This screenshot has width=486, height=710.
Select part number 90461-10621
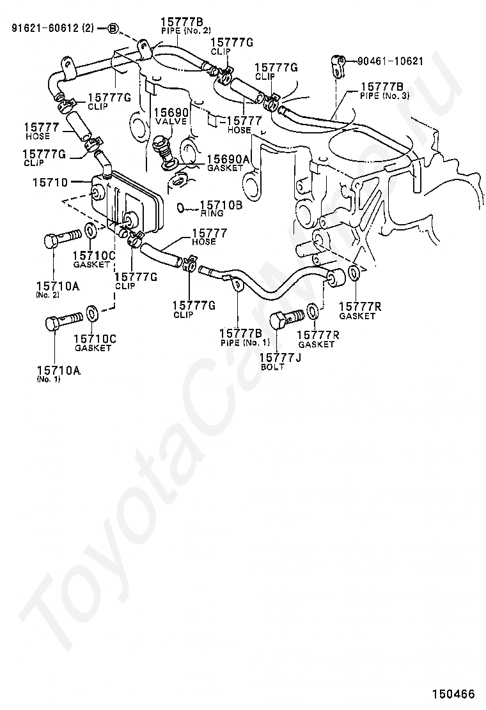point(390,61)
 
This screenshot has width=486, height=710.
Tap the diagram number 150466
point(453,693)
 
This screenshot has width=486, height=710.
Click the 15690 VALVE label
point(170,116)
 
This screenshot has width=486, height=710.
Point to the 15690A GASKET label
point(224,163)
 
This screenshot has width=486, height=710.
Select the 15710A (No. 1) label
point(57,374)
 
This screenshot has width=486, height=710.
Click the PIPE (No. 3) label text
point(386,96)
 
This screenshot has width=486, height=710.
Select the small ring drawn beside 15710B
point(181,207)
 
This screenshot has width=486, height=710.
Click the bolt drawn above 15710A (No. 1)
point(62,319)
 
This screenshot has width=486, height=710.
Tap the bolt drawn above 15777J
point(286,317)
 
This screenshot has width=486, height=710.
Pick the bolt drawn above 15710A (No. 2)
point(61,239)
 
